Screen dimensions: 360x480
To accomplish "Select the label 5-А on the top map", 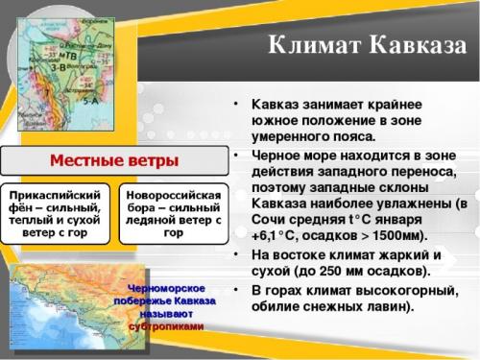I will tap(92, 98).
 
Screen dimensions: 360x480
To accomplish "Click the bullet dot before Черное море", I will tap(236, 154).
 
